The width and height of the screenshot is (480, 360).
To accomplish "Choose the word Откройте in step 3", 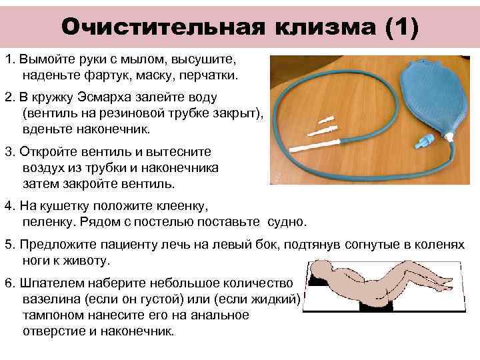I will coord(47,151).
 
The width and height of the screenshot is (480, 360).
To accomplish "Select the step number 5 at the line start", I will coord(8,245).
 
